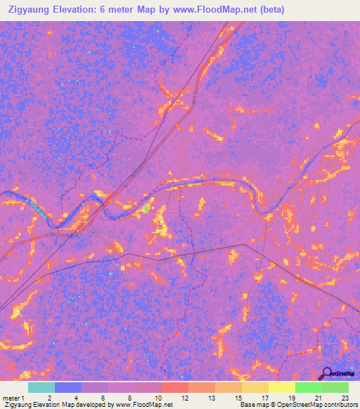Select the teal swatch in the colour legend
tap(41, 387)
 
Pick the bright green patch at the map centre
tap(146, 208)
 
